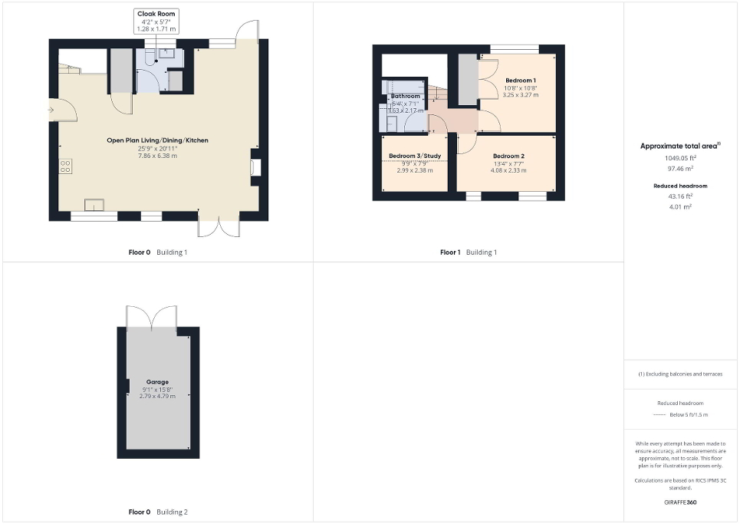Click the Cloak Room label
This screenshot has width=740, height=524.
tap(156, 14)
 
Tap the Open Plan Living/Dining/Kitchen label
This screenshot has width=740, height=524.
tap(157, 140)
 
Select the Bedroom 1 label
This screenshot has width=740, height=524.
tap(520, 81)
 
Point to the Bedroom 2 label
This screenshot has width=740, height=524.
tap(508, 156)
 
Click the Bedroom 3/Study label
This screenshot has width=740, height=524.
tap(414, 156)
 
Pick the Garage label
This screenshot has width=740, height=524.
tap(157, 381)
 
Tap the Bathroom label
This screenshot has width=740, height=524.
tap(406, 97)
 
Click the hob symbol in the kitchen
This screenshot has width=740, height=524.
tap(66, 166)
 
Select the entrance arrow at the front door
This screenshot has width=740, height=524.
tap(51, 110)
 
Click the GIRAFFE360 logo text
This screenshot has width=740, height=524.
tap(681, 503)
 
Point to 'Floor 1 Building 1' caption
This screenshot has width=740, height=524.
tap(468, 252)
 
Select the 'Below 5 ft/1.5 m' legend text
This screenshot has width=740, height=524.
tap(689, 414)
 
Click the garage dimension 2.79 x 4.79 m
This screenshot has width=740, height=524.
tap(157, 396)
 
